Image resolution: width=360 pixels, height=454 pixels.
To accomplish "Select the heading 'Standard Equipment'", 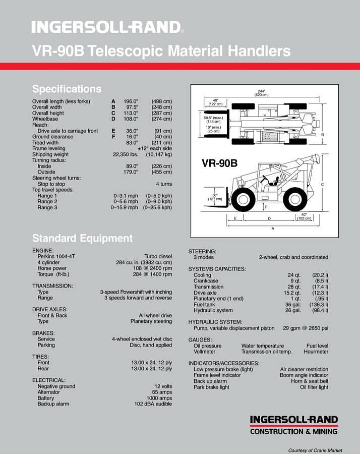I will click(82, 238).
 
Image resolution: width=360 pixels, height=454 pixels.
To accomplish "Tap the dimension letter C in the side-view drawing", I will click(322, 185).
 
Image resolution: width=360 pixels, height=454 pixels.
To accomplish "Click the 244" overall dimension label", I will click(261, 93).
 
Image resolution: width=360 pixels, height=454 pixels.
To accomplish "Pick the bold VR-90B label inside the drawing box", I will click(219, 163).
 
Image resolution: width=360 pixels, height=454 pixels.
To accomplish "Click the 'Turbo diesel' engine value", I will click(158, 257).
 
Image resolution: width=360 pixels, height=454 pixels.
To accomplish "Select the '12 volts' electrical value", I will click(163, 386).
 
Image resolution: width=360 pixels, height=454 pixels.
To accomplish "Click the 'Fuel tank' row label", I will click(204, 305).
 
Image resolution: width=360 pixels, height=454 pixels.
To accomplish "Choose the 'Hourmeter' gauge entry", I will click(316, 352).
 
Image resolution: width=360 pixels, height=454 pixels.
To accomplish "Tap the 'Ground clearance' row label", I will click(52, 137).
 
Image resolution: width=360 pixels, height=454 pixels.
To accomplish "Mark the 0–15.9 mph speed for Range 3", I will click(124, 208).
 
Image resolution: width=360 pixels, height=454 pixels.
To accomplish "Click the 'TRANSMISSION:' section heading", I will click(52, 286).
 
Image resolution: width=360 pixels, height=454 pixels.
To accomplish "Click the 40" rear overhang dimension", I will click(303, 216).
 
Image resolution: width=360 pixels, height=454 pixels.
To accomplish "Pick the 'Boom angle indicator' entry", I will click(304, 375).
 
